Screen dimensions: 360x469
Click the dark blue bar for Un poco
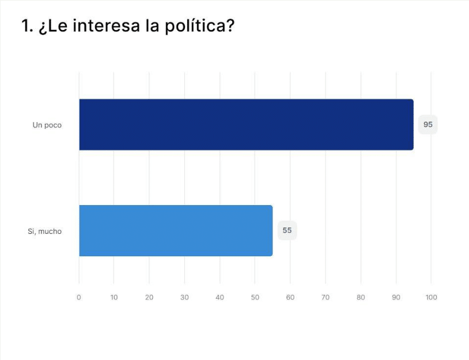tap(246, 124)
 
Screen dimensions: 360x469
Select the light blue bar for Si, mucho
tap(176, 230)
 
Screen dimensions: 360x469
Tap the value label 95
tap(428, 124)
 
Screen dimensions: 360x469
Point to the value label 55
tap(287, 230)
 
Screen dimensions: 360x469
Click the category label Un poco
tap(47, 125)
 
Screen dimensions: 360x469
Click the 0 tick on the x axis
tap(79, 297)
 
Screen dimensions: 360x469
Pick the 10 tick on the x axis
tap(114, 297)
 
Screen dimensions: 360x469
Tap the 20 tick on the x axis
tap(149, 297)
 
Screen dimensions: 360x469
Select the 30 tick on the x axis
tap(184, 297)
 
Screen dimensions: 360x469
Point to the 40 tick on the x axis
tap(220, 297)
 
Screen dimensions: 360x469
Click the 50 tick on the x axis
tap(255, 297)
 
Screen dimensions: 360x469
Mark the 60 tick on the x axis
tap(290, 297)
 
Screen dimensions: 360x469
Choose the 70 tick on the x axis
tap(326, 297)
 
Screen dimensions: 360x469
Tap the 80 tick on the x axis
tap(361, 297)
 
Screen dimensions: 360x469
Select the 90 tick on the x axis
tap(396, 297)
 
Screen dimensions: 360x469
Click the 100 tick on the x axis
tap(431, 297)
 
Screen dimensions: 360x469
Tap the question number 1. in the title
tap(27, 26)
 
